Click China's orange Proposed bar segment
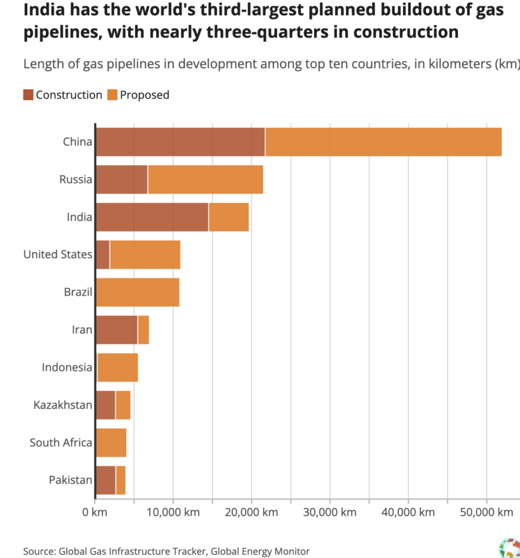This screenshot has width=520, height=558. coord(383,142)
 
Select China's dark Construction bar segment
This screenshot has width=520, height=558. coord(180,142)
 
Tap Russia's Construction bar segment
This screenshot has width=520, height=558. coord(121,179)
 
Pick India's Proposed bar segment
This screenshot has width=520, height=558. coord(229,217)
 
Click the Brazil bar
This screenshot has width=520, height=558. coord(138,292)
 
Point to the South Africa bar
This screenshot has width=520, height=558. coord(111,442)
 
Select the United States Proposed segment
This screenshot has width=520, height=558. coord(145,254)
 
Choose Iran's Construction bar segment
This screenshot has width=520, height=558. coord(117,330)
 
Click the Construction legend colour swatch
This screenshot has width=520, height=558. coord(28,95)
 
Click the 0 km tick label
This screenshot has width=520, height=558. coord(96,512)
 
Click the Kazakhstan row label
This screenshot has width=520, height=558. coord(63,405)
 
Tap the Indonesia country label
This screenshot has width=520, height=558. coord(67,367)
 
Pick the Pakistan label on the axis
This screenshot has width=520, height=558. coord(70,480)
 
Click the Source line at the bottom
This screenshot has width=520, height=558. coord(166,551)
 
